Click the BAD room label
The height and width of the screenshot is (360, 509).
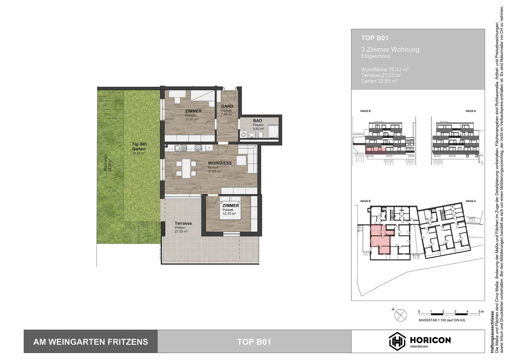257,121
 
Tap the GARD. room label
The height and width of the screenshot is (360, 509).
227,106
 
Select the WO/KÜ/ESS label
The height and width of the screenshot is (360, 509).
219,163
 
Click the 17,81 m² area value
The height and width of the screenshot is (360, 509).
192,119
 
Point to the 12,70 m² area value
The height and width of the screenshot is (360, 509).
229,214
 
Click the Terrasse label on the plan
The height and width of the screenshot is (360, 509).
183,223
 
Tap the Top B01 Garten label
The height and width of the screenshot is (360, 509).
139,147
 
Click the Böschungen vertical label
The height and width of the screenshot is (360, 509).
105,162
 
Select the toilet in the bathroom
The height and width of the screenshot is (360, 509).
261,134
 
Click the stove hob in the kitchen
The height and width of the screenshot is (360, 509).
198,148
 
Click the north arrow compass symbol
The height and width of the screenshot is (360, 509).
400,314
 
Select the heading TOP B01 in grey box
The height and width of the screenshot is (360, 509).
374,38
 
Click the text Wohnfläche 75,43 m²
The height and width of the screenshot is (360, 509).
384,70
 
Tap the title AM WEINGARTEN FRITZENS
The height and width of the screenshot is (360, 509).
90,342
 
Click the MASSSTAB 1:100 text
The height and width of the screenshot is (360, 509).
442,320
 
